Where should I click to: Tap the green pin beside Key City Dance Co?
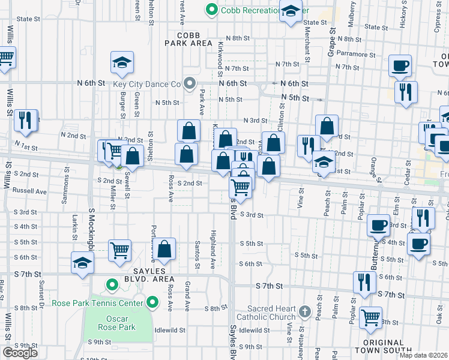click(190, 83)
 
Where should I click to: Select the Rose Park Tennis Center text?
click(98, 303)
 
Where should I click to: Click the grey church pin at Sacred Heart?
click(305, 312)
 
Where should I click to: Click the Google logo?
click(20, 353)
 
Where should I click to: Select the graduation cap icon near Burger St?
click(121, 62)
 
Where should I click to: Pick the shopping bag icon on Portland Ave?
click(164, 249)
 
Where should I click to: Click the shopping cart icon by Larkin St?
click(120, 250)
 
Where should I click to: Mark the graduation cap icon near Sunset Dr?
click(82, 263)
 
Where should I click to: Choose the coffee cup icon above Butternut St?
click(378, 225)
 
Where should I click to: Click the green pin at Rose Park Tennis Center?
click(153, 302)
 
